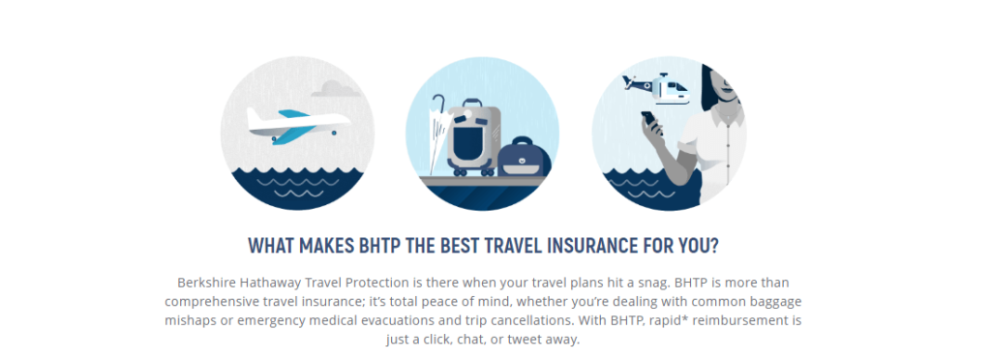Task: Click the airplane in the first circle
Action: click(x=295, y=123)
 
